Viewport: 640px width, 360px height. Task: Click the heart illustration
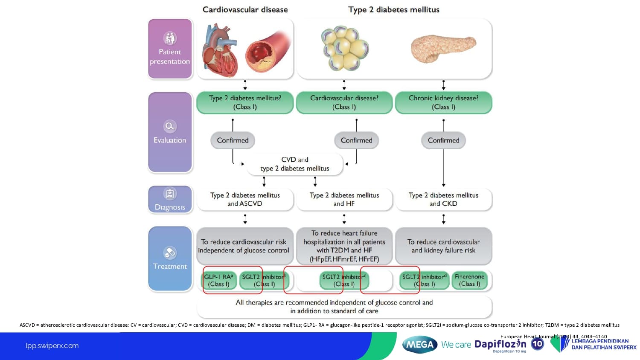click(x=220, y=50)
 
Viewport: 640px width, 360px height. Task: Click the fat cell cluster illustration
click(x=345, y=48)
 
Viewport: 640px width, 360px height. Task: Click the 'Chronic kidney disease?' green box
click(x=443, y=102)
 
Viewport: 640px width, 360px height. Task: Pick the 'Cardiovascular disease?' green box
click(x=344, y=102)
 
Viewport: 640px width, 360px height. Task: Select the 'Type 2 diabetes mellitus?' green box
click(x=245, y=102)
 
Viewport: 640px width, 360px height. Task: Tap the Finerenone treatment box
click(x=469, y=280)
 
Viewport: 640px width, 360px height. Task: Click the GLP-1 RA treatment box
click(x=219, y=280)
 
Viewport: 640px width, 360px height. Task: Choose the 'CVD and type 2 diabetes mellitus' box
click(x=295, y=164)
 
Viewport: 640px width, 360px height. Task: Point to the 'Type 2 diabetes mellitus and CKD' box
click(x=443, y=199)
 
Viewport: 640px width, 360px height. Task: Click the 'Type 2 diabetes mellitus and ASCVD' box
click(x=245, y=199)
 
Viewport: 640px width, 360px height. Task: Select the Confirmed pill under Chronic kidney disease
click(x=443, y=140)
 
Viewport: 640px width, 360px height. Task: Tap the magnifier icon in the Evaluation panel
click(x=170, y=126)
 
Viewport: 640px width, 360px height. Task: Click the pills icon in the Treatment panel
click(x=170, y=253)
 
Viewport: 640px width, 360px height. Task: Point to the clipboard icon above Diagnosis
click(x=170, y=194)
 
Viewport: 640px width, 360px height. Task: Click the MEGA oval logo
click(x=420, y=345)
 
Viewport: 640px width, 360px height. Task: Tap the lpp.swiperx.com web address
click(x=52, y=346)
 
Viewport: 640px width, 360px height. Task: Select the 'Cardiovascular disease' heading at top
click(x=245, y=10)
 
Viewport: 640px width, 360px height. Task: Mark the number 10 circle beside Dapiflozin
click(x=538, y=344)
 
